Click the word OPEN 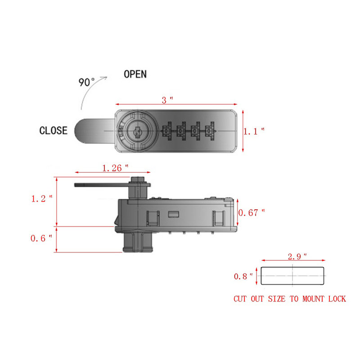click(x=135, y=74)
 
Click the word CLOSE click(x=54, y=130)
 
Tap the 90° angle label click(x=86, y=82)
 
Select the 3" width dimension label click(x=167, y=100)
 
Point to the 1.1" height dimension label click(x=254, y=131)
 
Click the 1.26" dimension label click(x=115, y=168)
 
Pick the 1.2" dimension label click(x=42, y=198)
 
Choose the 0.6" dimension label click(x=41, y=238)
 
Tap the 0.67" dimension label click(x=252, y=212)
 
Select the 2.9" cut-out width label click(x=297, y=256)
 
